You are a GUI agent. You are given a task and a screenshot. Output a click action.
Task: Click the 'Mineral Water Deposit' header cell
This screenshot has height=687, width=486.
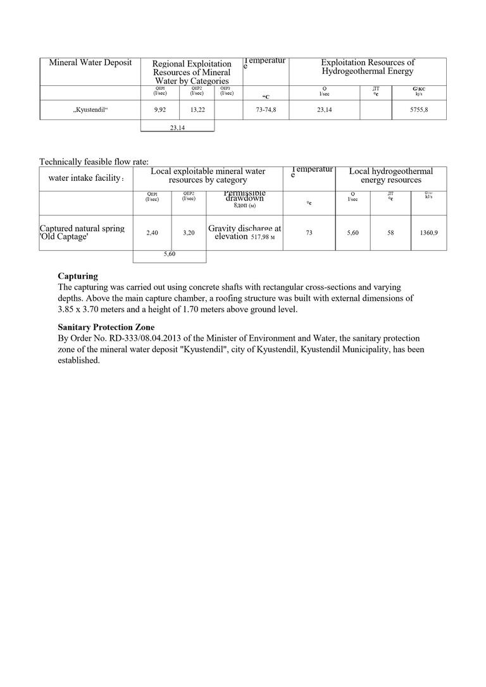(x=90, y=63)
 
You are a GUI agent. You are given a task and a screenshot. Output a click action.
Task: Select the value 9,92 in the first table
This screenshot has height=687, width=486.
(x=160, y=110)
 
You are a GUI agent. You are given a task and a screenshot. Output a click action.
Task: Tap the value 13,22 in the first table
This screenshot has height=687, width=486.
(x=197, y=110)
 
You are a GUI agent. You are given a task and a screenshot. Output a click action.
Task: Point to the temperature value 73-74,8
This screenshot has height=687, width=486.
(x=266, y=110)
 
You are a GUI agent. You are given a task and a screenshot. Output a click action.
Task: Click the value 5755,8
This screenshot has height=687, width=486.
(x=418, y=110)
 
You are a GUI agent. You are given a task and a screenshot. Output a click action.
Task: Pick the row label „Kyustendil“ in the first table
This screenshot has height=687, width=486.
(x=90, y=110)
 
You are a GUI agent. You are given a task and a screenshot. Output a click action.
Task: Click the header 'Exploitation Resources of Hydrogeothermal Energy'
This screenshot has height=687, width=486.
(x=367, y=67)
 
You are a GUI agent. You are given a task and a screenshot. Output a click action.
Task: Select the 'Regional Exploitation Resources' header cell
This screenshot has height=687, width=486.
(x=192, y=72)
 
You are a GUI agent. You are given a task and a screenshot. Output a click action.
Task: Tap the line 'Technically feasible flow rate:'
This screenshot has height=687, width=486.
(x=94, y=162)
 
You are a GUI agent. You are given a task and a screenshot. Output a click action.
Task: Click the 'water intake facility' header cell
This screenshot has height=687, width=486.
(x=86, y=178)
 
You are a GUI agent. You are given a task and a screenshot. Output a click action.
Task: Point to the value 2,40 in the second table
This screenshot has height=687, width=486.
(x=152, y=233)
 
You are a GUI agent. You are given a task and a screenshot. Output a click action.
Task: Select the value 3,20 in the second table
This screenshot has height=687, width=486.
(x=189, y=233)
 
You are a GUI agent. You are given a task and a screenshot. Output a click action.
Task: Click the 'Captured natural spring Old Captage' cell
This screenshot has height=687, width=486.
(x=82, y=232)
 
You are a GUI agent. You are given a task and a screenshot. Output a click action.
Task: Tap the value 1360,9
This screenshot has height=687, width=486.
(x=428, y=233)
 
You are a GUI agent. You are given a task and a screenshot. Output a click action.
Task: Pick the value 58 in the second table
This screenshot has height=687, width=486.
(x=390, y=233)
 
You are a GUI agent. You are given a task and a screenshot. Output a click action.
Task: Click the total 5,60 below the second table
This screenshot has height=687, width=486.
(x=170, y=254)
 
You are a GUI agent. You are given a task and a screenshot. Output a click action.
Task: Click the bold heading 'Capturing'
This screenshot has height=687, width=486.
(x=78, y=276)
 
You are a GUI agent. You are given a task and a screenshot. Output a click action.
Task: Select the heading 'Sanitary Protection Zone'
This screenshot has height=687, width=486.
(x=97, y=327)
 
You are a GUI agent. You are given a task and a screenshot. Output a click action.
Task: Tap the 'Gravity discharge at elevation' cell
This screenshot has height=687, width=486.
(x=244, y=232)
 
